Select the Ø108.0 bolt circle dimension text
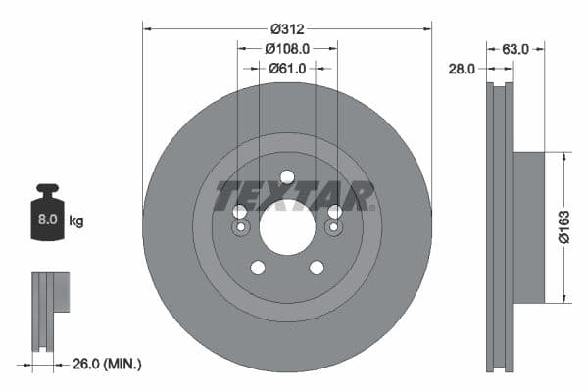coord(286,47)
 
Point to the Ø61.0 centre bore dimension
coord(287,68)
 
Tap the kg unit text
coord(76,221)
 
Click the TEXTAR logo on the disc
coord(295,195)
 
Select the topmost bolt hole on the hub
coord(287,177)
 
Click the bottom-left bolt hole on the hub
coord(258,268)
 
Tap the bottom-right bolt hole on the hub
coord(317,268)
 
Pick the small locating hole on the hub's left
coord(240,228)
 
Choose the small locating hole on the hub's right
coord(334,228)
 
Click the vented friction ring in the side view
coord(500,226)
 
